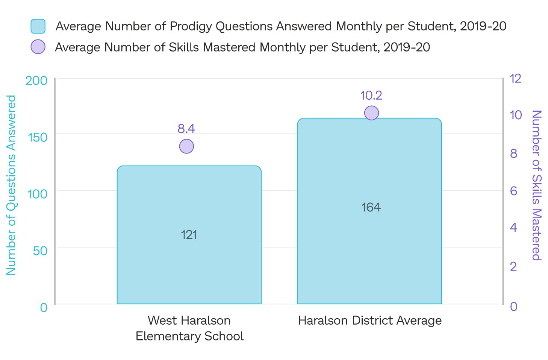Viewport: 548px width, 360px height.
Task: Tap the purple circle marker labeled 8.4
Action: point(186,146)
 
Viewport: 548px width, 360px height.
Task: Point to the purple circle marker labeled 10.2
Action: point(371,113)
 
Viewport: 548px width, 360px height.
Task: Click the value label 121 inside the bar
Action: point(189,235)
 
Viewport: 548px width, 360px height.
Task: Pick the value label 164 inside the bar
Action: point(371,207)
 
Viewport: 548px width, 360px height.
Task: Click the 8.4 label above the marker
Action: point(186,129)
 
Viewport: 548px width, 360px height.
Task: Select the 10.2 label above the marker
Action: point(371,96)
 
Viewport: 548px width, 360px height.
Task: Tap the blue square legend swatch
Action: point(38,26)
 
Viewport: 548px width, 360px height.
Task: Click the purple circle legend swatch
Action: point(38,47)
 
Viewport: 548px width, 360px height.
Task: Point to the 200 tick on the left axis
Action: point(36,81)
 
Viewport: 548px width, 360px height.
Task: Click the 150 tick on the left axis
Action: point(38,137)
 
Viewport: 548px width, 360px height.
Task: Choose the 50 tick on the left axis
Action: point(40,251)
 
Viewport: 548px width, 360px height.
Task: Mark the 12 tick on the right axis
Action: point(515,79)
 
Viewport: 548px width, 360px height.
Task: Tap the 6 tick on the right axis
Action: point(513,191)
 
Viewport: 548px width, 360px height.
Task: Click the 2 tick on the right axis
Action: point(513,266)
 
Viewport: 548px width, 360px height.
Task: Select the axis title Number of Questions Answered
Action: point(11,185)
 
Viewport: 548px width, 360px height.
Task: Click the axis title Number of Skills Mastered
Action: point(536,185)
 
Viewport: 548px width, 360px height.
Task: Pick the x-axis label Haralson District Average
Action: point(370,321)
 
